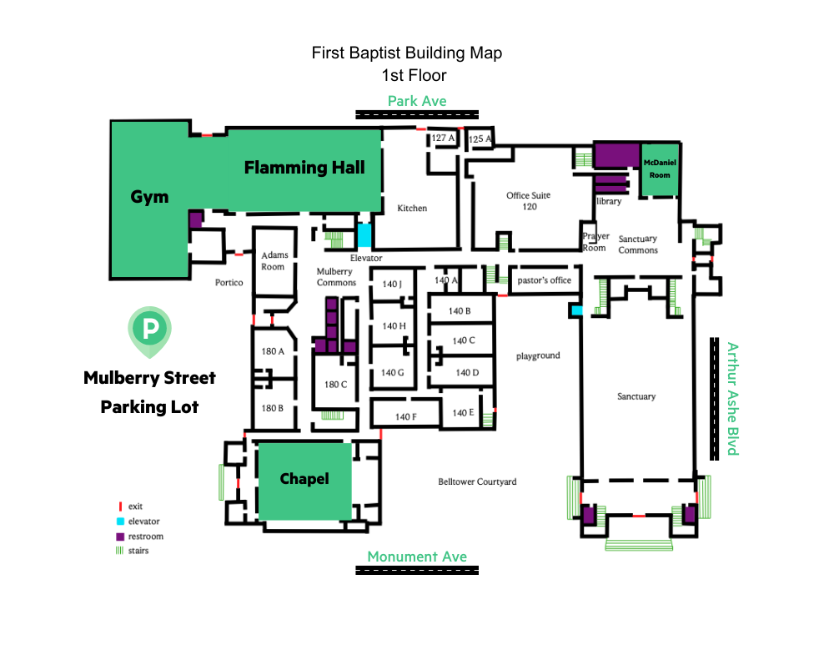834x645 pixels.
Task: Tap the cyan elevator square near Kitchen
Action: click(364, 234)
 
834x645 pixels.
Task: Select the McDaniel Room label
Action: click(660, 169)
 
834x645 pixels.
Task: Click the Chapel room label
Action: click(304, 479)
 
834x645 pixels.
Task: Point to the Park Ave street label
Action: click(417, 101)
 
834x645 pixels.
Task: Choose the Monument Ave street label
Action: click(417, 557)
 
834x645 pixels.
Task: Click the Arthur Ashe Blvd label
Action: click(733, 399)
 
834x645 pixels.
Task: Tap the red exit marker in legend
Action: click(120, 506)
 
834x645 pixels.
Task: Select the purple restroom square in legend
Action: click(120, 537)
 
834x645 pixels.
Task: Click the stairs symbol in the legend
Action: click(119, 551)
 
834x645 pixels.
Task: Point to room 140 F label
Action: click(406, 416)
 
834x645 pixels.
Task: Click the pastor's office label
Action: click(544, 280)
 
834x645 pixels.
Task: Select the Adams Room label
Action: click(274, 261)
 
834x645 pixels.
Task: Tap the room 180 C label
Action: click(335, 384)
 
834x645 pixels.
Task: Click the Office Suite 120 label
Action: click(529, 201)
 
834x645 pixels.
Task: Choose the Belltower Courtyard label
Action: click(477, 481)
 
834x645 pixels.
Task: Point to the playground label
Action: click(538, 355)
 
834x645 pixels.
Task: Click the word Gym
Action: click(149, 197)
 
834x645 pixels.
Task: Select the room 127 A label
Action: click(443, 138)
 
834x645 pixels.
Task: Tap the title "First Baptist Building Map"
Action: click(407, 53)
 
